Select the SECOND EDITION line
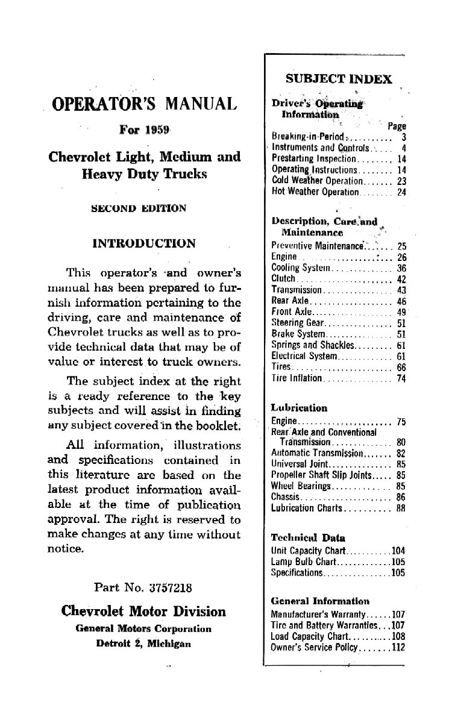[x=138, y=208]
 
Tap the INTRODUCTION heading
[x=143, y=244]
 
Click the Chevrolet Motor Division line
[x=143, y=612]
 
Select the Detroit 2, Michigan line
[x=143, y=642]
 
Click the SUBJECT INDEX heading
[x=338, y=79]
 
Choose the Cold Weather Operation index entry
[x=317, y=181]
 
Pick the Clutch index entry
[x=284, y=278]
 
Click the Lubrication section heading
[x=299, y=408]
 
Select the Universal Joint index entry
[x=301, y=465]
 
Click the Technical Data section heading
[x=308, y=537]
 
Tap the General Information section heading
[x=320, y=601]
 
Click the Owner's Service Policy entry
[x=315, y=648]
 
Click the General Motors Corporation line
[x=143, y=628]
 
